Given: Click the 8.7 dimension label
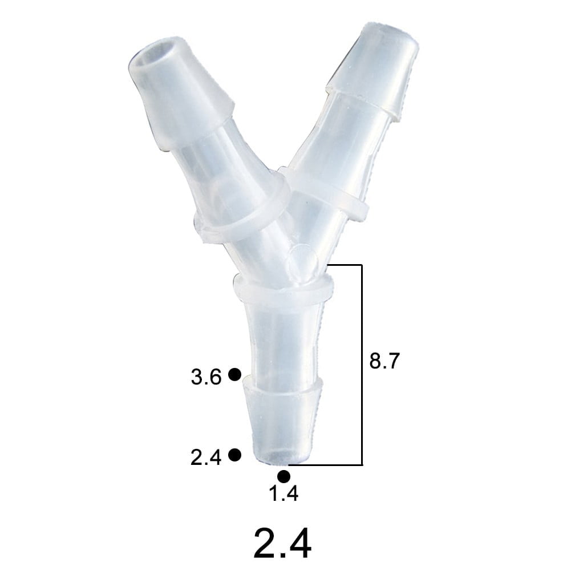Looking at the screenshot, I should [x=386, y=362].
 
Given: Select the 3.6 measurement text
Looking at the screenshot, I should [x=206, y=377].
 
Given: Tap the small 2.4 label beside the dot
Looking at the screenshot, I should [x=206, y=457].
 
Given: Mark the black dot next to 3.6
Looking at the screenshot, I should [x=234, y=374].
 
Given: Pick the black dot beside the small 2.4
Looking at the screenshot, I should [x=234, y=455].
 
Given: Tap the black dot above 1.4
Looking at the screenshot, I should [x=284, y=476].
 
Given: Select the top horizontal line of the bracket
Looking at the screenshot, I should [x=345, y=265].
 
